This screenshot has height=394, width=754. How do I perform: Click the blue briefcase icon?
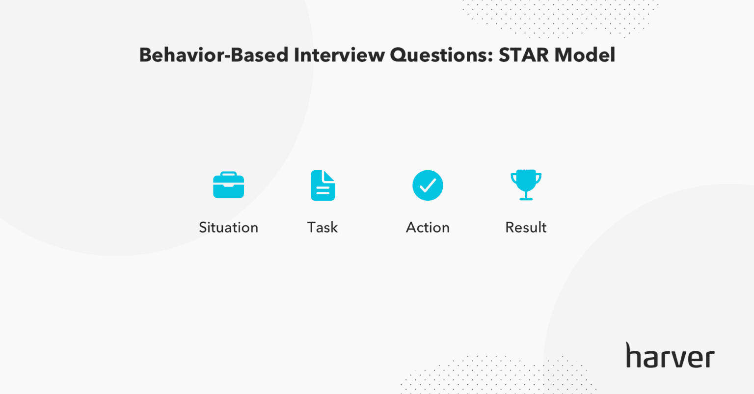[x=228, y=185]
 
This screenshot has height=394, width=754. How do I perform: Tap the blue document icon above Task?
[x=323, y=185]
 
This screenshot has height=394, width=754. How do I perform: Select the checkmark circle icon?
[x=428, y=185]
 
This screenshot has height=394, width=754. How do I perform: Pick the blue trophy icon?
[x=526, y=184]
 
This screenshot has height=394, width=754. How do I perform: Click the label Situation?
[x=228, y=227]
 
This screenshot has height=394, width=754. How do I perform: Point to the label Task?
[x=323, y=227]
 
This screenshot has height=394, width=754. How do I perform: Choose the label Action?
[x=428, y=227]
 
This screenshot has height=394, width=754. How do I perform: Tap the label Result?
[x=526, y=227]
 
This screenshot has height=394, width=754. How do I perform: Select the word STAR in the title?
[x=524, y=55]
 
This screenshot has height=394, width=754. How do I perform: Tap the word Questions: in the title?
[x=442, y=55]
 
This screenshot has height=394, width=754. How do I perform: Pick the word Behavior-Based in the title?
[x=214, y=55]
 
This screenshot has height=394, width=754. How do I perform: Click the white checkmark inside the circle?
[x=428, y=185]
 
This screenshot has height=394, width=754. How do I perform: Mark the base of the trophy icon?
[x=526, y=198]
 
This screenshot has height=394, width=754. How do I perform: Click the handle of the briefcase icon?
[x=228, y=174]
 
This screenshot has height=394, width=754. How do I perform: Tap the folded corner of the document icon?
[x=328, y=176]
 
